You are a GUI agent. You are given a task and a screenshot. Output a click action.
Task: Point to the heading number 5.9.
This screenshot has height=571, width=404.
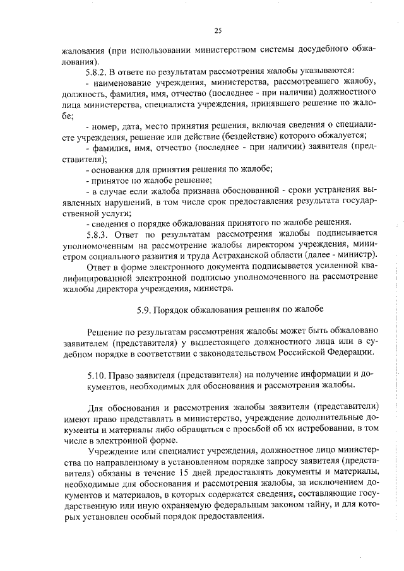(x=145, y=310)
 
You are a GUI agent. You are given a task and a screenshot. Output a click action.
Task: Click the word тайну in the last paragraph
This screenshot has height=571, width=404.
(x=306, y=505)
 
